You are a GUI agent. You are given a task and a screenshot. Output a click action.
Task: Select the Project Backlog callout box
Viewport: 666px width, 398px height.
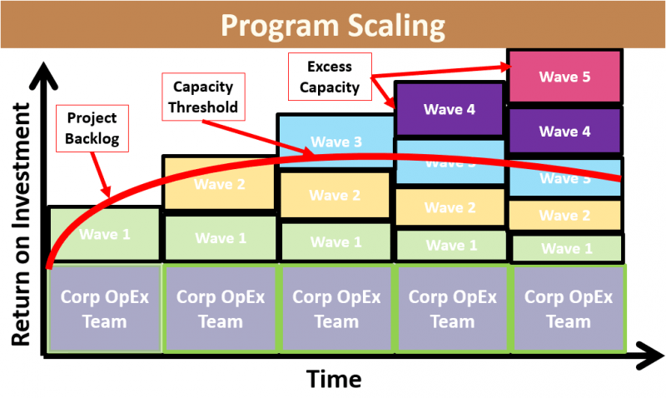tap(92, 128)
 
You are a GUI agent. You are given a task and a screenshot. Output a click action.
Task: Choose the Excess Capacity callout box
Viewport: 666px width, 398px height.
tap(330, 76)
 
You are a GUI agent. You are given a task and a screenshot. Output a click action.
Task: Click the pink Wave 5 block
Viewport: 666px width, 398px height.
tap(564, 77)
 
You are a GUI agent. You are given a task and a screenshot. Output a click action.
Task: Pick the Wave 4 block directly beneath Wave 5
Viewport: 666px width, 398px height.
tap(564, 131)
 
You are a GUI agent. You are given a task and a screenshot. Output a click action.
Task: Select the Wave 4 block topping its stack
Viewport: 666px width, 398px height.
tap(450, 109)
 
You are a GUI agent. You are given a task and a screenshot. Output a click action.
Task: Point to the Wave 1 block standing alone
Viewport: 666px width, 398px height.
tap(105, 234)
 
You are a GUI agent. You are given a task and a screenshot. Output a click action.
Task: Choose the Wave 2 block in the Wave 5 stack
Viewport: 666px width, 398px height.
tap(564, 216)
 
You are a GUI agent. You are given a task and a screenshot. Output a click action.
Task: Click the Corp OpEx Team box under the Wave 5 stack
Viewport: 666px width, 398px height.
tap(568, 309)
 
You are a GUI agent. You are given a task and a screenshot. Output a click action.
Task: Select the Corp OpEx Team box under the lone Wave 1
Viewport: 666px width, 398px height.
tap(105, 309)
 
